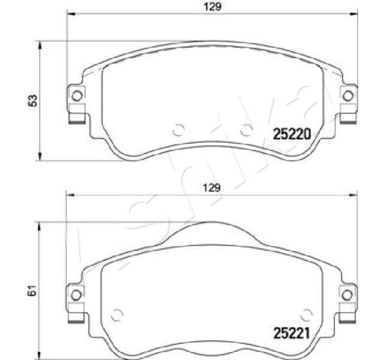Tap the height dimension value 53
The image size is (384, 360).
point(34,100)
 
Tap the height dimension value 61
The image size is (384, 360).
point(34,291)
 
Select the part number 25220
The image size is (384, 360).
point(291,135)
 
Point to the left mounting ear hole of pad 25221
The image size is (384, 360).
point(76,293)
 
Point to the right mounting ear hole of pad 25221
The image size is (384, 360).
point(347,293)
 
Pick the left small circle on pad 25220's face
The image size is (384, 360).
point(178,129)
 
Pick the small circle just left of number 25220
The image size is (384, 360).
point(245,129)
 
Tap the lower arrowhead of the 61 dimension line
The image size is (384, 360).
point(40,356)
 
